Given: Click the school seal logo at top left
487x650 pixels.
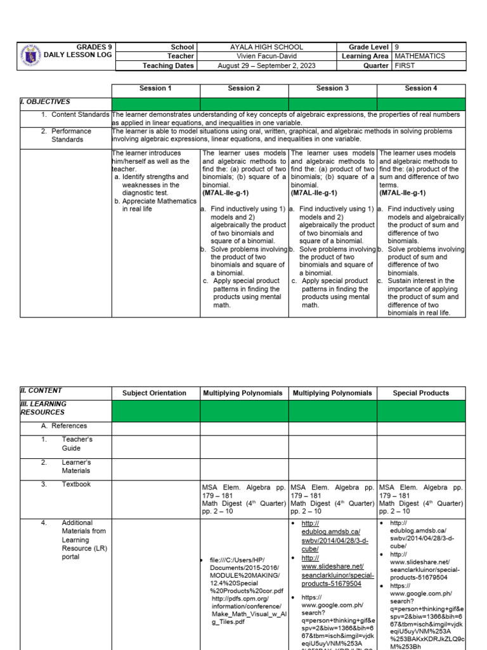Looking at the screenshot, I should coord(31,56).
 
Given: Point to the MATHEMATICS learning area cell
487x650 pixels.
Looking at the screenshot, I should coord(419,56).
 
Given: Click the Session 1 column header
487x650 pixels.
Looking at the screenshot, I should coord(155,88).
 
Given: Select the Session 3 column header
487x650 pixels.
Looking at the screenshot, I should coord(332,88).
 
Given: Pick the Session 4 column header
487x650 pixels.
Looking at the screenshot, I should coord(421,88).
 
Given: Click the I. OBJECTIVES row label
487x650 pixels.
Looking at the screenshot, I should coord(45,101).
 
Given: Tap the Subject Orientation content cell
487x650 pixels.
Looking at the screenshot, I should coord(155,393).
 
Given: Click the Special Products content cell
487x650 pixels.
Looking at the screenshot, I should coord(420,393).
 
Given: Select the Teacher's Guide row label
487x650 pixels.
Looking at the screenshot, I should coord(77,443).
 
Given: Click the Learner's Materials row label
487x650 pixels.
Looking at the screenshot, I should coord(76,466).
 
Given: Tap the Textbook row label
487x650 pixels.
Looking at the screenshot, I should coord(76,484).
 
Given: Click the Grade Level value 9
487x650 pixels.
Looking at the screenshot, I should coord(397,47).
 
